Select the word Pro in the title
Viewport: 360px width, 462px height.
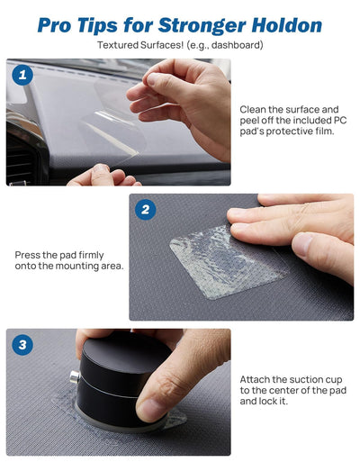pyautogui.click(x=54, y=25)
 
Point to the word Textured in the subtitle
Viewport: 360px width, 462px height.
pyautogui.click(x=114, y=45)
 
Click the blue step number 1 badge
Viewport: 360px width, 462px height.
pyautogui.click(x=22, y=75)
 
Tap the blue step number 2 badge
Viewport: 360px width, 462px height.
pyautogui.click(x=146, y=210)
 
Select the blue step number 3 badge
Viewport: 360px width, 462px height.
pyautogui.click(x=22, y=345)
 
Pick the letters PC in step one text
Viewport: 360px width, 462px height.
pyautogui.click(x=340, y=120)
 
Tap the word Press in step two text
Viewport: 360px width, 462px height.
pyautogui.click(x=27, y=255)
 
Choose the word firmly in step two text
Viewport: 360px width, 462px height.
pyautogui.click(x=91, y=256)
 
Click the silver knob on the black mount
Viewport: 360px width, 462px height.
pyautogui.click(x=75, y=377)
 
